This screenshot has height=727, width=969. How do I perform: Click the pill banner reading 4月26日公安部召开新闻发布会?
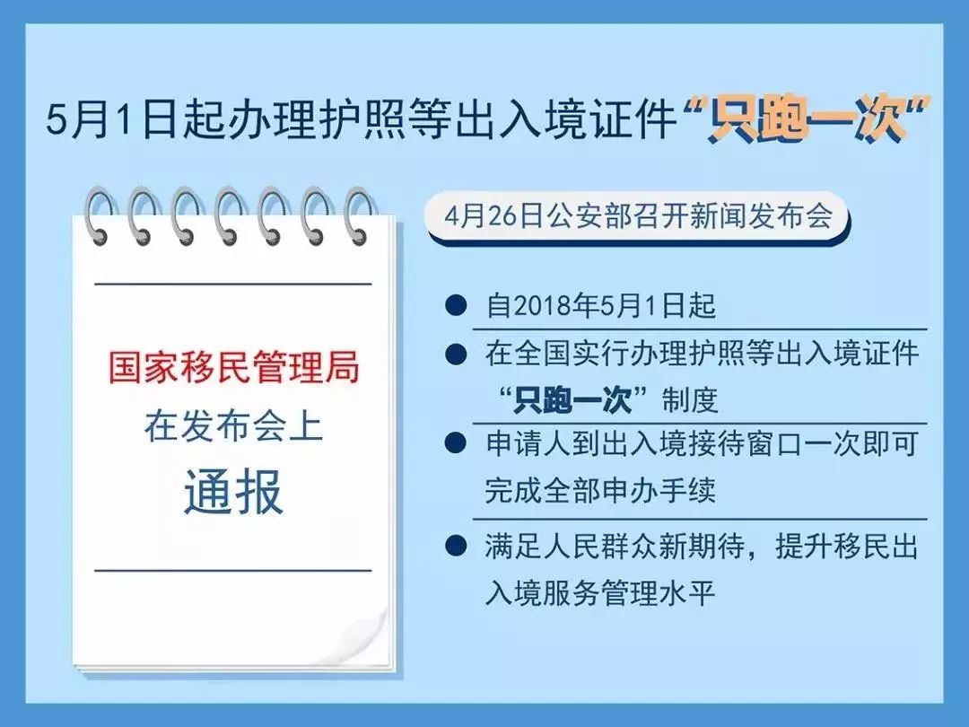click(637, 218)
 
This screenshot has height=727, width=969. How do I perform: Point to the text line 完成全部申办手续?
click(588, 491)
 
